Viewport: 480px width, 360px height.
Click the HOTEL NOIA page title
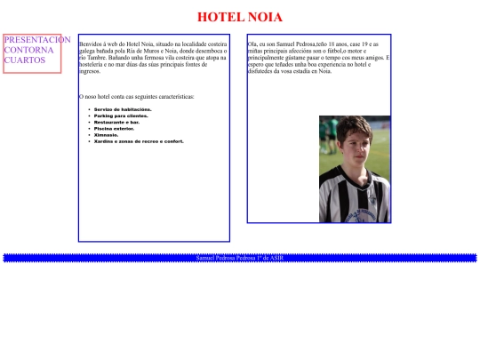[x=239, y=17]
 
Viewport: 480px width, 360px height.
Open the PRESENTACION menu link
[x=36, y=40]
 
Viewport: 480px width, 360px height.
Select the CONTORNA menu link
[x=28, y=51]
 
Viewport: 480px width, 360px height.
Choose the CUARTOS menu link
[x=24, y=60]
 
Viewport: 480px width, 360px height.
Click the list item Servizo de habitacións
[x=122, y=109]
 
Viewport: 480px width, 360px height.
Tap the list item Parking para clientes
[x=120, y=116]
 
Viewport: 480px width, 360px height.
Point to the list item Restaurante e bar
[x=116, y=122]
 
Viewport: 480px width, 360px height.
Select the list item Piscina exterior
[x=114, y=128]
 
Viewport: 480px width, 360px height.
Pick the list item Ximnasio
[x=106, y=134]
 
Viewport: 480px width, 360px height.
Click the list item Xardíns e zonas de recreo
[x=138, y=140]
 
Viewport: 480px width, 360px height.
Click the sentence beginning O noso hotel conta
[x=136, y=97]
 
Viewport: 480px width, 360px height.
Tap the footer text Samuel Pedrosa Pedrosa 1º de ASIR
[x=239, y=258]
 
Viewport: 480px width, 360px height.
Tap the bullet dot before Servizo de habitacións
[x=90, y=109]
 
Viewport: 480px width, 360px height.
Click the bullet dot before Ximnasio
[x=90, y=134]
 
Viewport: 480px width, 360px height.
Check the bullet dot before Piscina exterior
[x=90, y=128]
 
